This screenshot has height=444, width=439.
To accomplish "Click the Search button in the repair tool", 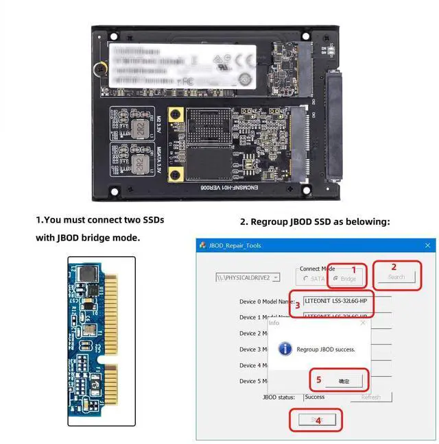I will pos(396,277).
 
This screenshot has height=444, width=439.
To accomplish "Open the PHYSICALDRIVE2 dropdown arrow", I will pos(276,277).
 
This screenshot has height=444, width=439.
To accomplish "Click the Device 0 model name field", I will pos(346,300).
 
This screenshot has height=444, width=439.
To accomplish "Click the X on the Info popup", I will pos(363,322).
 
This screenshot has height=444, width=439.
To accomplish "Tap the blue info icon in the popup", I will pos(285,349).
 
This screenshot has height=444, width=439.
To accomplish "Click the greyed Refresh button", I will pos(370,397).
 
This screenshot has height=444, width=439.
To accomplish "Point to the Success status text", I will pos(315,397).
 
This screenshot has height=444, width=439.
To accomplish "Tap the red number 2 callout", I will pos(394,267).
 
